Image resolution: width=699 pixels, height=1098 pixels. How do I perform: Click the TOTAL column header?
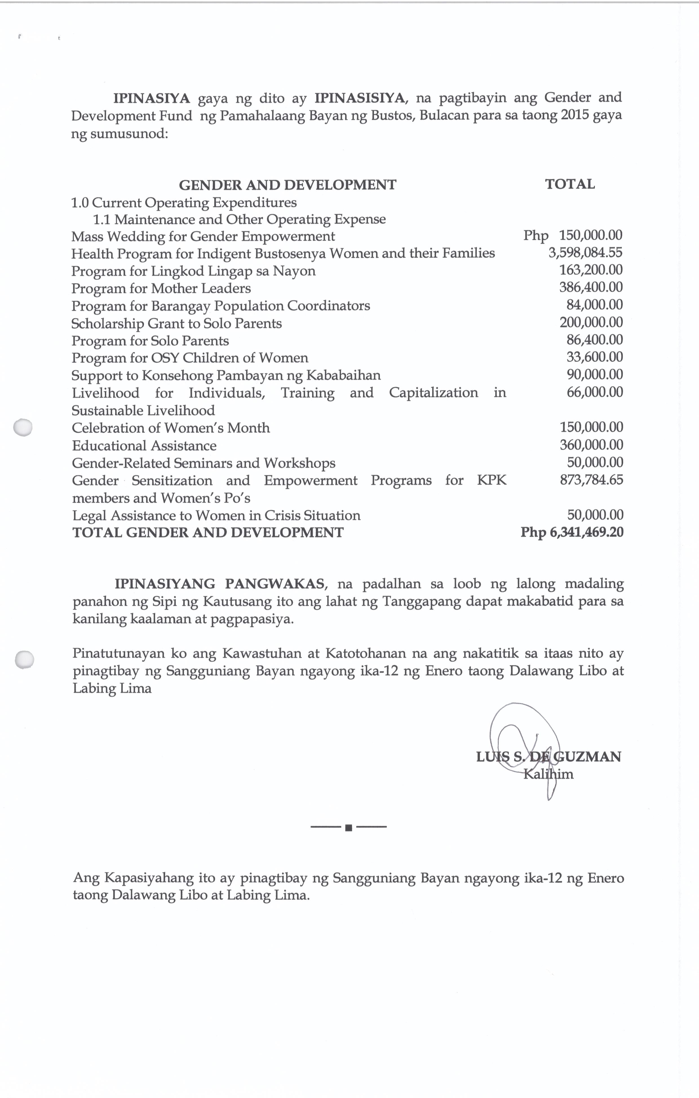point(570,184)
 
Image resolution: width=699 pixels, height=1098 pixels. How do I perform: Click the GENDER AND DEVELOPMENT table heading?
point(287,185)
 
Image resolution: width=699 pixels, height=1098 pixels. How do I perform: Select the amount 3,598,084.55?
point(585,253)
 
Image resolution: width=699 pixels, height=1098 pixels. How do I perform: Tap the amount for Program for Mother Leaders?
point(591,287)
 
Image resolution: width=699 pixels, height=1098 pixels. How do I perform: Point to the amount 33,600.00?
point(594,357)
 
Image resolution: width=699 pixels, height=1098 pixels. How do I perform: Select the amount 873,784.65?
point(591,480)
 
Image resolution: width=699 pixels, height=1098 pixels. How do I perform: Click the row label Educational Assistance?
point(144,445)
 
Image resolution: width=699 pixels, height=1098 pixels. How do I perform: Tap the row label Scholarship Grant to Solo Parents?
point(176,323)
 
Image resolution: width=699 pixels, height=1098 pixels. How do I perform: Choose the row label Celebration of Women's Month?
point(171,428)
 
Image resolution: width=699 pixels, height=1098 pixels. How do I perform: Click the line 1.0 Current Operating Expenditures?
point(184,203)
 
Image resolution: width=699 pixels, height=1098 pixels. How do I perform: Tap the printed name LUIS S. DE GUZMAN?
point(548,757)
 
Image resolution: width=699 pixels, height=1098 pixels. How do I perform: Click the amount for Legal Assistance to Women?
point(595,515)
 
